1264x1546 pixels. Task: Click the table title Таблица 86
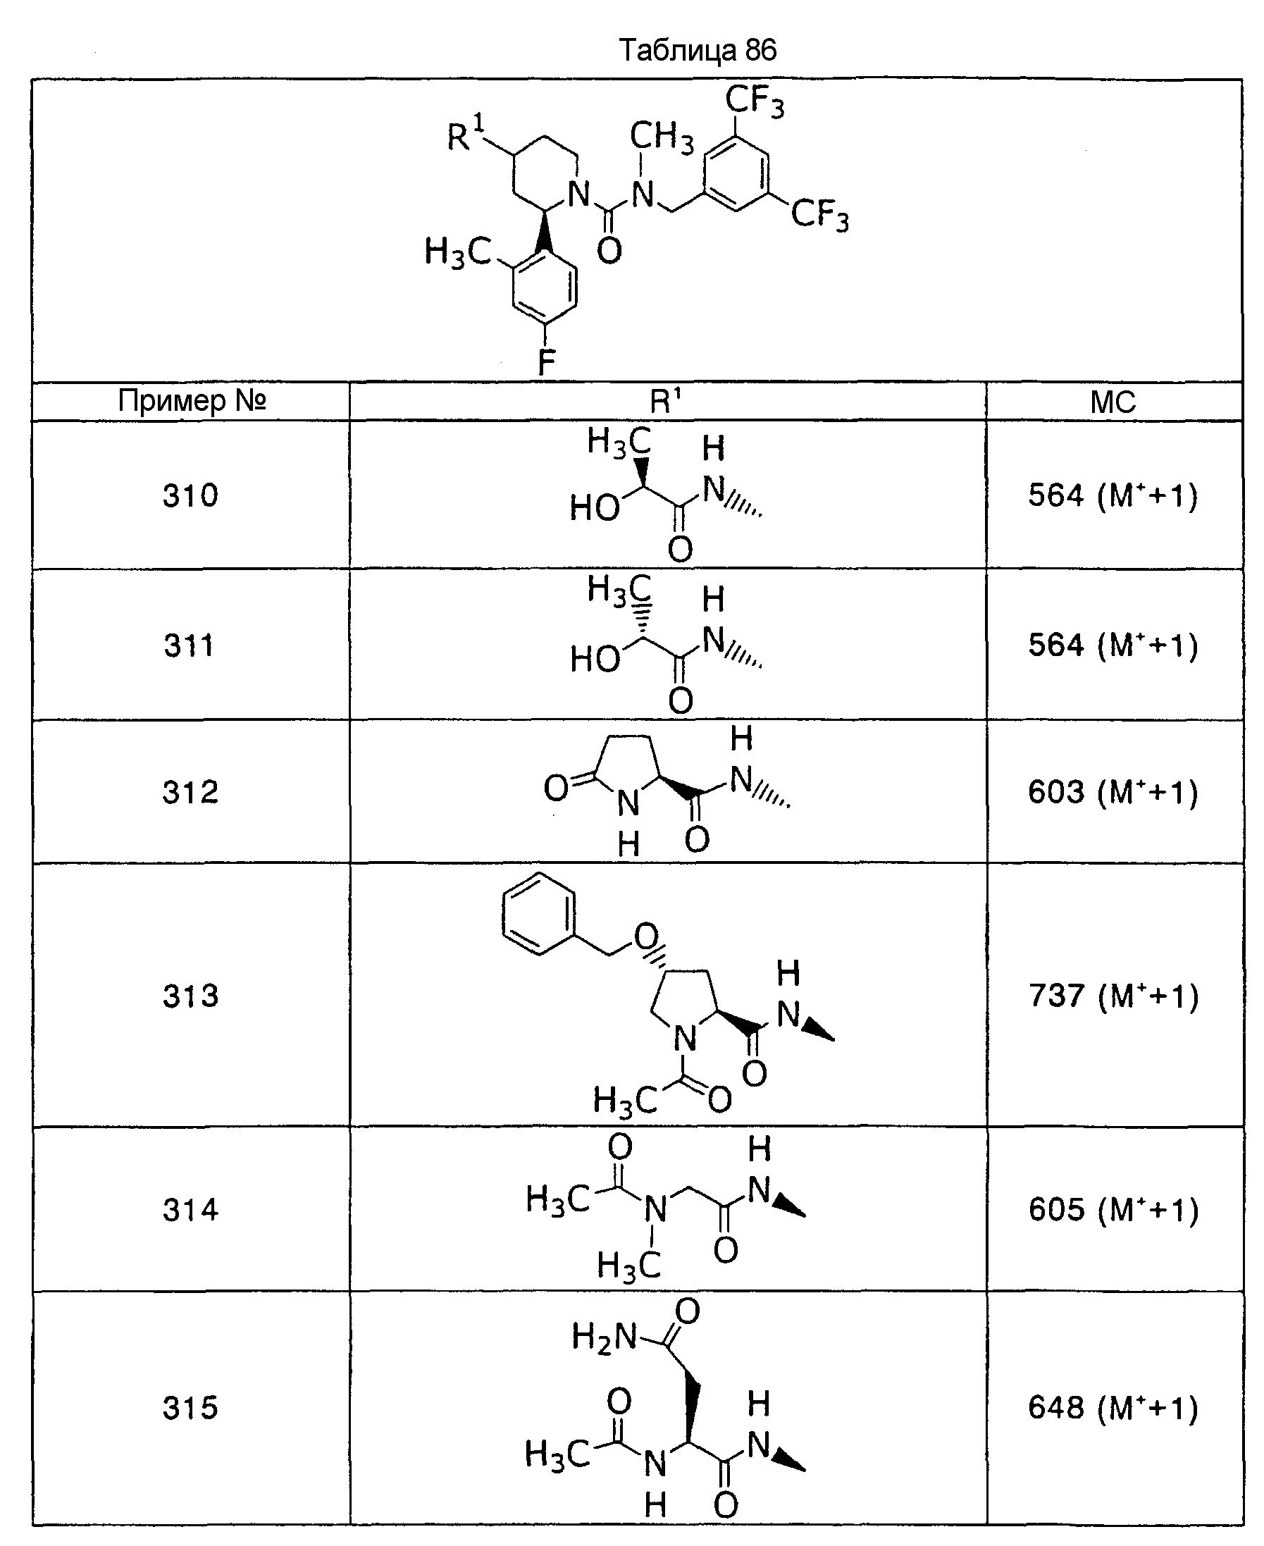698,50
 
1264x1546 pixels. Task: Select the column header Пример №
192,400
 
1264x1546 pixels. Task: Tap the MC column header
1113,402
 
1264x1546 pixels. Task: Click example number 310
190,496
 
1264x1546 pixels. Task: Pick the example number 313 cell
190,996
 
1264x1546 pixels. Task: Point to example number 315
190,1408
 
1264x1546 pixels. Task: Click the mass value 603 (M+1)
1113,791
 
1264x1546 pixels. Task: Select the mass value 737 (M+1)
1113,996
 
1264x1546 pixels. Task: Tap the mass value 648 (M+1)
1113,1408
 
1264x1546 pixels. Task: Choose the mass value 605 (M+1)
1113,1210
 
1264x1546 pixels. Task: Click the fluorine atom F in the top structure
546,362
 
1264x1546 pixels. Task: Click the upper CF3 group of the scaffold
755,101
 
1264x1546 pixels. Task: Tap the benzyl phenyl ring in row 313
539,914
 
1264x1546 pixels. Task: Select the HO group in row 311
595,659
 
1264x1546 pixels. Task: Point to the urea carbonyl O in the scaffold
609,252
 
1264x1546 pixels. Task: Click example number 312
190,792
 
